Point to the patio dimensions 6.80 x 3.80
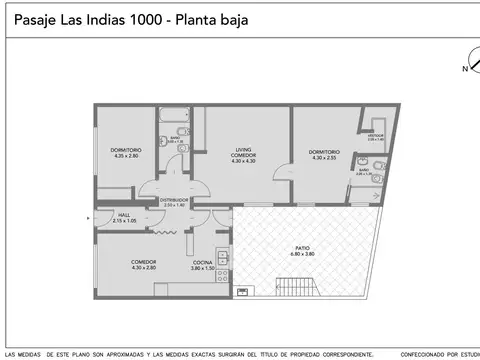tap(302, 254)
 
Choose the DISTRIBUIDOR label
tap(174, 200)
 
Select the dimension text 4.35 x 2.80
tap(126, 157)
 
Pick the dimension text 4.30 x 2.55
tap(324, 158)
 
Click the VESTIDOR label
tap(376, 135)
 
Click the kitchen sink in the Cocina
tap(226, 261)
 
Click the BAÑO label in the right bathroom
tap(364, 169)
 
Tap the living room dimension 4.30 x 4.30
tap(244, 161)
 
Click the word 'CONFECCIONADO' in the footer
tap(423, 355)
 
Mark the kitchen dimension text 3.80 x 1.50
tap(203, 267)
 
